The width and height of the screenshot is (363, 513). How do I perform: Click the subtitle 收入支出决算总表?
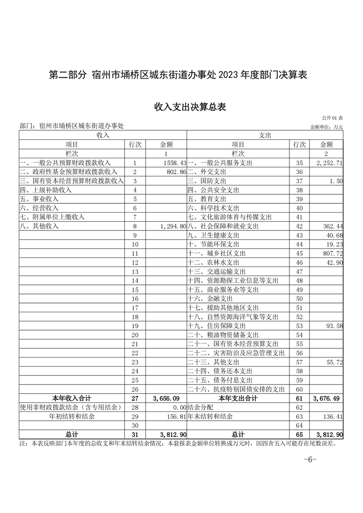click(x=190, y=107)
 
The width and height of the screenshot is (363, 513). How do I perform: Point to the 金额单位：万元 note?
click(x=326, y=127)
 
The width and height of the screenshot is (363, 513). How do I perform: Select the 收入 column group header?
click(x=103, y=135)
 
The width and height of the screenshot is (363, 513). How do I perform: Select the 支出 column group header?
click(x=265, y=135)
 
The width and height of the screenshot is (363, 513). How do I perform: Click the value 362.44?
click(x=332, y=226)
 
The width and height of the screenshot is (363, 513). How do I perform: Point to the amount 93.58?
click(x=334, y=326)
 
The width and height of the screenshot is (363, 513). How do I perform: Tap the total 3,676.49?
click(x=326, y=399)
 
